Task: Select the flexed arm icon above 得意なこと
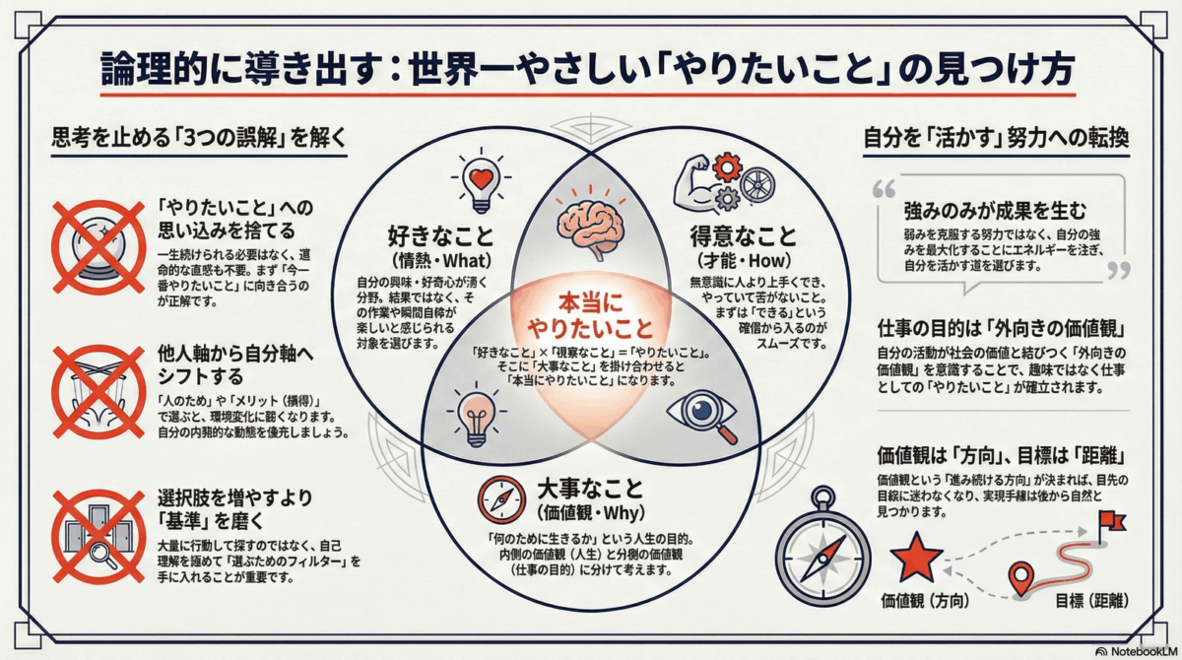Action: click(694, 178)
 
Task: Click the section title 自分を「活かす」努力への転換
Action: click(996, 137)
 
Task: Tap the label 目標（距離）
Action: click(1090, 601)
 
